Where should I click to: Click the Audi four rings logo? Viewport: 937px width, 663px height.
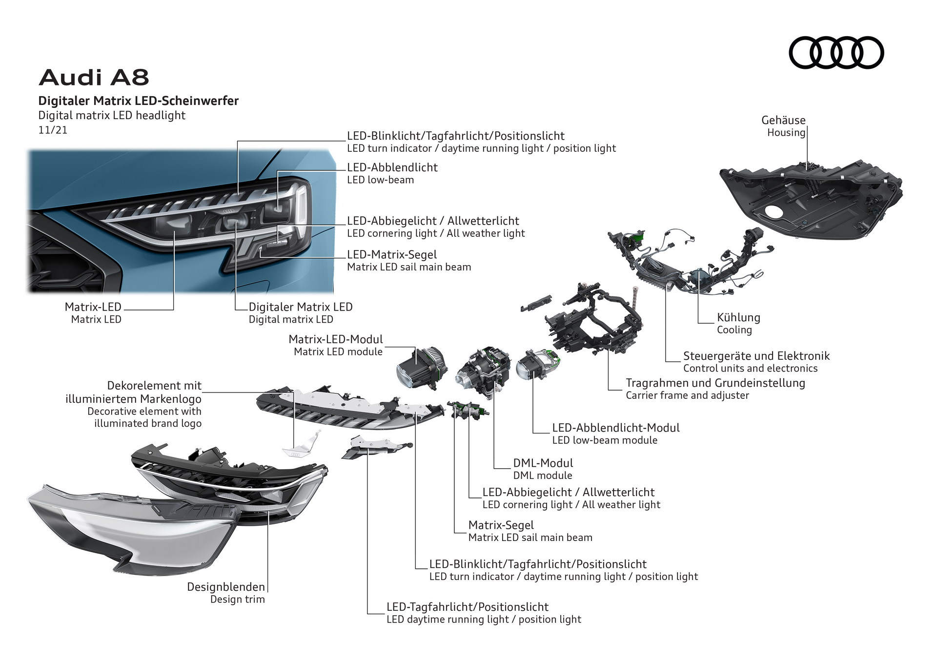(x=836, y=52)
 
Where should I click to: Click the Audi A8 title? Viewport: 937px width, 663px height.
(x=94, y=77)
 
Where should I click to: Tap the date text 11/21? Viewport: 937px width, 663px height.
(x=53, y=130)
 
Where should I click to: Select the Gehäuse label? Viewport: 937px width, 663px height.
(x=783, y=120)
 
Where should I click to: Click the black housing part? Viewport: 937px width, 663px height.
(x=810, y=200)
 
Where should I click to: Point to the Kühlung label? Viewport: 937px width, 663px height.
(x=738, y=317)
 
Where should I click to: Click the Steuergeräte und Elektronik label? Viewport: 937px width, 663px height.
(x=756, y=356)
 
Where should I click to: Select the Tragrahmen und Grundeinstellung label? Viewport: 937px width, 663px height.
(x=715, y=383)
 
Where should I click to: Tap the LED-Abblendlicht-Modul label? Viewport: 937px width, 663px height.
(x=615, y=428)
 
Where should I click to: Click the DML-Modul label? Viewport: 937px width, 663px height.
(x=543, y=463)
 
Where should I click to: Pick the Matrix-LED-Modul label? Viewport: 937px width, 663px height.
(x=336, y=339)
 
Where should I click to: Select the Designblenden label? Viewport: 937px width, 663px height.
(x=226, y=587)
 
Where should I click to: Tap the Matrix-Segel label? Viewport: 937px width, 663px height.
(x=501, y=525)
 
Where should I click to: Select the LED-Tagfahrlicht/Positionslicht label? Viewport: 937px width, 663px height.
(x=467, y=607)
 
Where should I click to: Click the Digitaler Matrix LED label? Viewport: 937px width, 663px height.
(x=300, y=307)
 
